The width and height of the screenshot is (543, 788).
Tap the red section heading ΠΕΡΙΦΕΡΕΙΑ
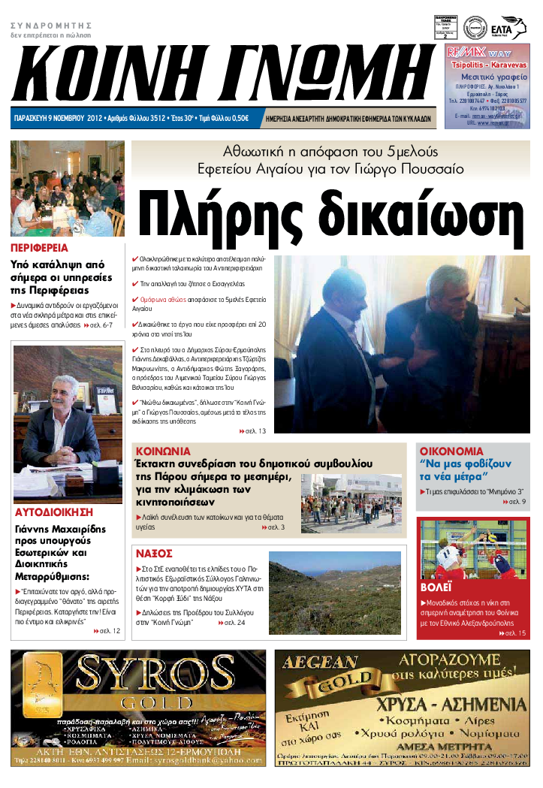coord(39,247)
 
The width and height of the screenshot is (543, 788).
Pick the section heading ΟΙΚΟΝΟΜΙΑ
coord(451,451)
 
